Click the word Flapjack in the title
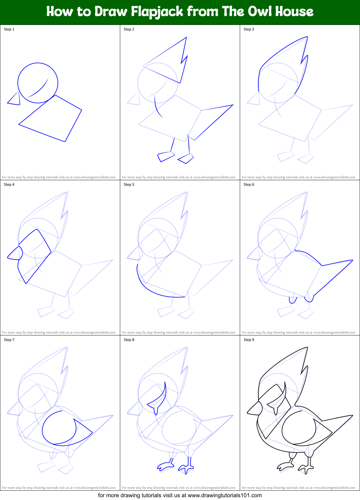(x=157, y=12)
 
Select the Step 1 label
(x=9, y=29)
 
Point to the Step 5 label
(x=129, y=185)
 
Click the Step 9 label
(x=249, y=340)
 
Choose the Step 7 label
(x=9, y=340)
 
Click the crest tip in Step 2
(x=186, y=38)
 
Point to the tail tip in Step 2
(x=233, y=105)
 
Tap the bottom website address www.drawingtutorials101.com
(x=225, y=495)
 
